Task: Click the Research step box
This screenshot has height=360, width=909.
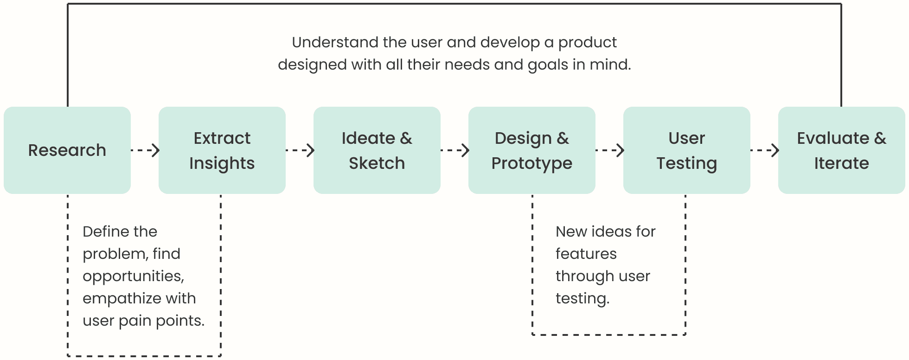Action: (x=67, y=150)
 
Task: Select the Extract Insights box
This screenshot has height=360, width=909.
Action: (x=222, y=150)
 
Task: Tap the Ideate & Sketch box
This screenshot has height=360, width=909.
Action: (x=377, y=150)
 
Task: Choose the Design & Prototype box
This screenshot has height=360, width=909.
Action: (x=532, y=150)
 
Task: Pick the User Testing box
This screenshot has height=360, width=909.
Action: (x=687, y=150)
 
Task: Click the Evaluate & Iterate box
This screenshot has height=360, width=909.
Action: (x=842, y=150)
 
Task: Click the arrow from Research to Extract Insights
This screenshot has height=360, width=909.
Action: (x=145, y=150)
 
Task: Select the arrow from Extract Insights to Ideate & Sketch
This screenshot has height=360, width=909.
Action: (x=300, y=150)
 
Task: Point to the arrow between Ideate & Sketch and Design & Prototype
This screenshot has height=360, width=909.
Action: (x=455, y=150)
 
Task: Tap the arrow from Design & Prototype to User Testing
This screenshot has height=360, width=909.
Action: (x=610, y=150)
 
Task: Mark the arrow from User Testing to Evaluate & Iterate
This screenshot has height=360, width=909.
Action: (x=765, y=150)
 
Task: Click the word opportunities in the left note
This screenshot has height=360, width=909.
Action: (x=133, y=277)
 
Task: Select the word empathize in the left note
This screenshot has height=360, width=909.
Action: (x=122, y=299)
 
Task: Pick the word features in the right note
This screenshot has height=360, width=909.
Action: (x=586, y=254)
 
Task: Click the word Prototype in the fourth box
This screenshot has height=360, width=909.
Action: (x=532, y=164)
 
